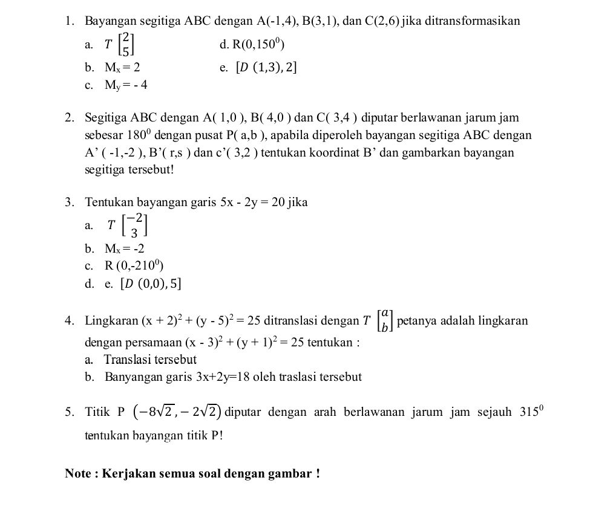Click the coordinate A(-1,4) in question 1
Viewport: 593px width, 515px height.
[x=277, y=21]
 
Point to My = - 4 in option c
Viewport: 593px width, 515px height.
[x=126, y=85]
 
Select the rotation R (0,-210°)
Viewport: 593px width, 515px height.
[x=134, y=265]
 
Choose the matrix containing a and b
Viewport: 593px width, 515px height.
[x=384, y=320]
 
